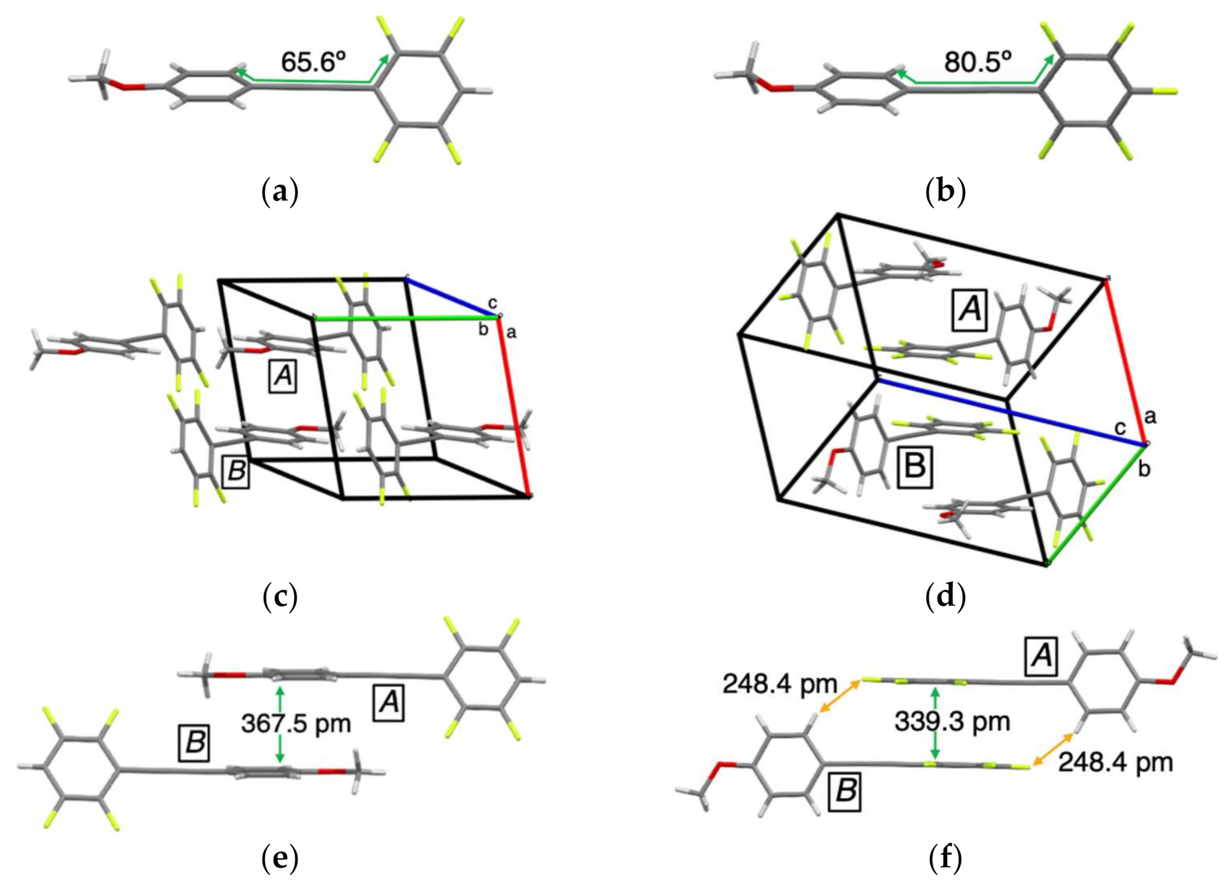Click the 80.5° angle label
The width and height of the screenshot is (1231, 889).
point(978,62)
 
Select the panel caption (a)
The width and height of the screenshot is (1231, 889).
point(279,191)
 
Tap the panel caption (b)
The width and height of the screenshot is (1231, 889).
point(945,191)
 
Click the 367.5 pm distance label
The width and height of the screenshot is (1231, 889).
point(296,723)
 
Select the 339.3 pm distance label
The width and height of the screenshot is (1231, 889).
point(952,721)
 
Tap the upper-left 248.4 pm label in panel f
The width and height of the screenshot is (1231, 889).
point(779,684)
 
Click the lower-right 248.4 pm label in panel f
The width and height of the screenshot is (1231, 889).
point(1115,763)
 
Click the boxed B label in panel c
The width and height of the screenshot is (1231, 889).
point(236,471)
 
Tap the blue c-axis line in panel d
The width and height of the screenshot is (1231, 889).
point(1009,412)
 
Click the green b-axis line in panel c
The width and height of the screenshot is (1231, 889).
point(407,318)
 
